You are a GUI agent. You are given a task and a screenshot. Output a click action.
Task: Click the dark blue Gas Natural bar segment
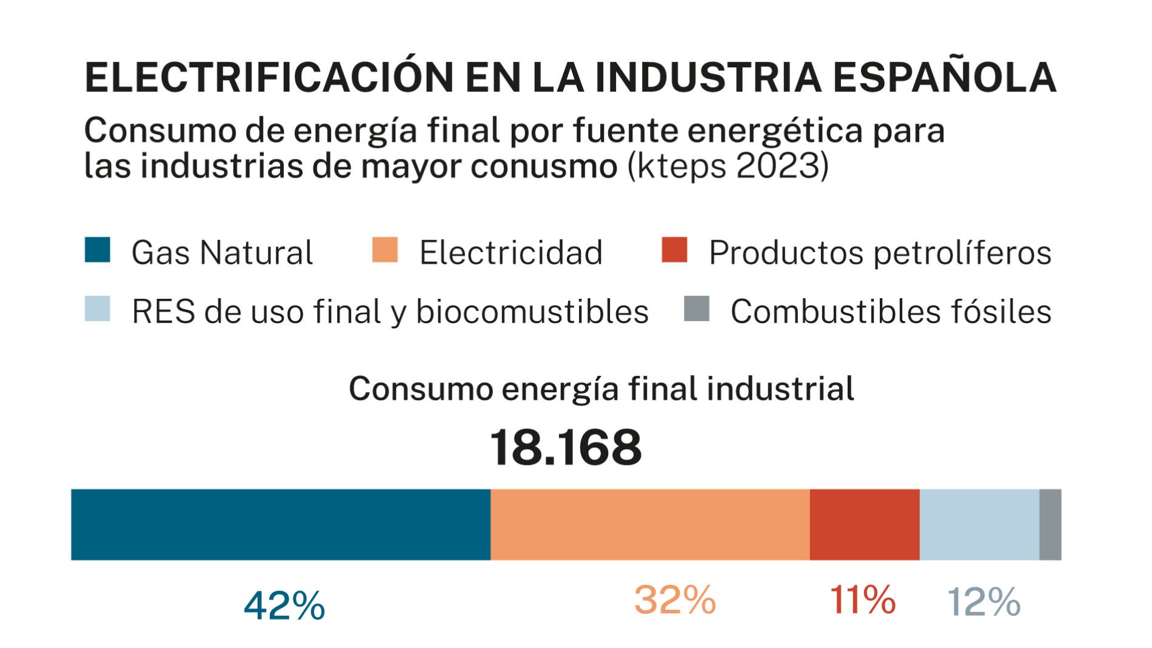(x=280, y=524)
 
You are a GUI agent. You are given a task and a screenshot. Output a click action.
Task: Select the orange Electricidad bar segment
(x=650, y=524)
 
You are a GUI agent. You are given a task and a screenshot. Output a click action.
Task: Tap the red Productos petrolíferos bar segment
(x=864, y=524)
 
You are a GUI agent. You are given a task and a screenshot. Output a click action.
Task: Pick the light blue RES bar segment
(x=979, y=524)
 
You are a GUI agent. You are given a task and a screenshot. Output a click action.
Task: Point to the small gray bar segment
(x=1050, y=524)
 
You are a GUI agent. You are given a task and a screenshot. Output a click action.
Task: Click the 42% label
(x=284, y=605)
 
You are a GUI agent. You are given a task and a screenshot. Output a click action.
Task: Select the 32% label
(x=675, y=600)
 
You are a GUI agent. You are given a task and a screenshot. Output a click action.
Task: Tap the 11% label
(x=862, y=600)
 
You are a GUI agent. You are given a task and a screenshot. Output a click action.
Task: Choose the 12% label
(x=983, y=602)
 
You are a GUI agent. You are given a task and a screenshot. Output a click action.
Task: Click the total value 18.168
(x=565, y=448)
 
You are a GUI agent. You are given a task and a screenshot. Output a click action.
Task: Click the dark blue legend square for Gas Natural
(x=97, y=250)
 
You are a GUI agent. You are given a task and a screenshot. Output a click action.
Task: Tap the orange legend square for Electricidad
(x=385, y=250)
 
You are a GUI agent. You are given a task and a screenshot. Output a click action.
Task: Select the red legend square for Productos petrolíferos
(x=674, y=250)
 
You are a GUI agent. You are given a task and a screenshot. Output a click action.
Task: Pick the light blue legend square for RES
(x=97, y=309)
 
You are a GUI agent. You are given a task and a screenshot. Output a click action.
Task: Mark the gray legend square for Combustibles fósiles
(x=696, y=309)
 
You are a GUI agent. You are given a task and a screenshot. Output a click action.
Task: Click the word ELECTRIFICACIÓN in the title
(x=269, y=78)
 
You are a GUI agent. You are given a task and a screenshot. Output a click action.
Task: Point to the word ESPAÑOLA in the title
(x=944, y=78)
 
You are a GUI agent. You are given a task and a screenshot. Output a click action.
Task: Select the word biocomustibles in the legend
(x=532, y=312)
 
